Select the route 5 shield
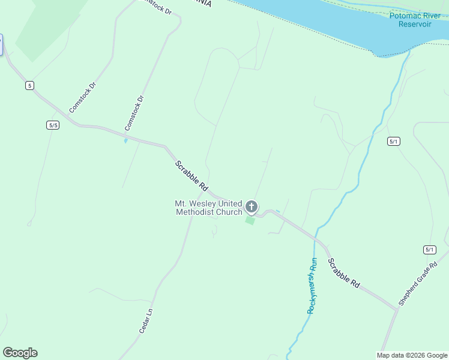(29, 86)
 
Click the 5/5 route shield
(53, 125)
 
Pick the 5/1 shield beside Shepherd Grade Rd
(429, 250)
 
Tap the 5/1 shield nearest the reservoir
(393, 141)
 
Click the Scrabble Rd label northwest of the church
(191, 175)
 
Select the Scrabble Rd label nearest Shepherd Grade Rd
(344, 273)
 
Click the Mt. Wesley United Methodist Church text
(209, 208)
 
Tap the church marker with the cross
(252, 208)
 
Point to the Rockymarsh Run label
(312, 286)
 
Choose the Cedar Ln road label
(146, 320)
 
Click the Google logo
(20, 353)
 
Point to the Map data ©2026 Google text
(412, 355)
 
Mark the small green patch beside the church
(250, 221)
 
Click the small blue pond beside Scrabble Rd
(125, 141)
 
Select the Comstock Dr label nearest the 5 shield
(82, 97)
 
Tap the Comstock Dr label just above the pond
(134, 113)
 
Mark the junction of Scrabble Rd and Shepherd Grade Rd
(397, 308)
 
